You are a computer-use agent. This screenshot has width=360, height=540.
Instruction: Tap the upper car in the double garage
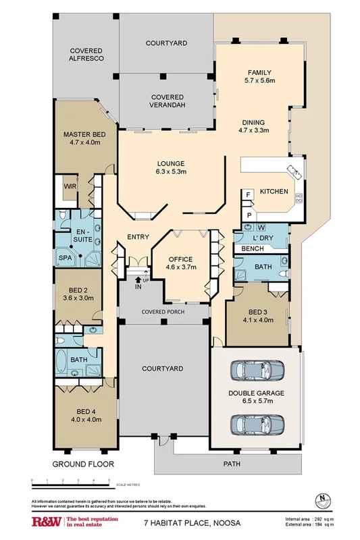(x=256, y=372)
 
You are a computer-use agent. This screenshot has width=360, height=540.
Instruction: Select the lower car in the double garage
(x=256, y=425)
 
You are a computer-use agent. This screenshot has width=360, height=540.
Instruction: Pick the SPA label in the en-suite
(x=66, y=258)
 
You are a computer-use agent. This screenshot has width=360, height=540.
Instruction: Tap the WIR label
(x=69, y=187)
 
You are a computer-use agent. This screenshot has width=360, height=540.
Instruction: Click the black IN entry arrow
(x=140, y=278)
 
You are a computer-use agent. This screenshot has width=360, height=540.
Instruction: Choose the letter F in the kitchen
(x=248, y=194)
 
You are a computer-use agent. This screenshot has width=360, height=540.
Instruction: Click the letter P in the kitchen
(x=248, y=215)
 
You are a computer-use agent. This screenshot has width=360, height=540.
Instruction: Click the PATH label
(x=232, y=464)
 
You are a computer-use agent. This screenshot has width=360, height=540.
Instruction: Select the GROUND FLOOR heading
(x=83, y=464)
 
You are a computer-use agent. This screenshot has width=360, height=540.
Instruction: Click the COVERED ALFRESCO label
(x=86, y=55)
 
